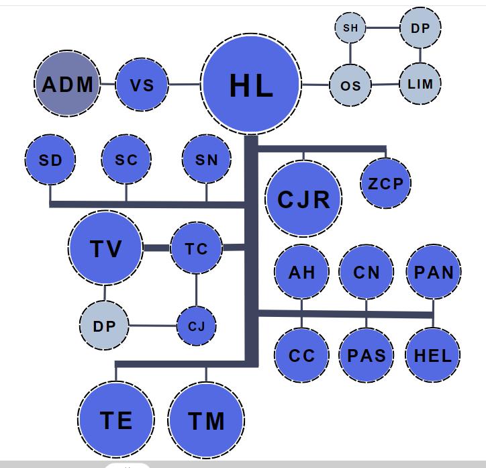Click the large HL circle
coord(250,85)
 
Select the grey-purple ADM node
coord(67,85)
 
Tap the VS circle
coord(142,85)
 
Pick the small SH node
coord(350,28)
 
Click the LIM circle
coord(420,84)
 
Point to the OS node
coord(350,85)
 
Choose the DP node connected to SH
coord(420,28)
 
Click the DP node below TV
coord(104,326)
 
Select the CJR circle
coord(303,199)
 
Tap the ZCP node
coord(385,183)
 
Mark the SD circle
coord(50,160)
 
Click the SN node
coord(207,160)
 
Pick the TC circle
coord(196,249)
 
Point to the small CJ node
coord(197,326)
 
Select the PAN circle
coord(434,272)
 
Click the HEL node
coord(433,355)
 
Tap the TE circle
coord(116,420)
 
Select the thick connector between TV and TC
coord(156,248)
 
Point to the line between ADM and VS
coord(107,85)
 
